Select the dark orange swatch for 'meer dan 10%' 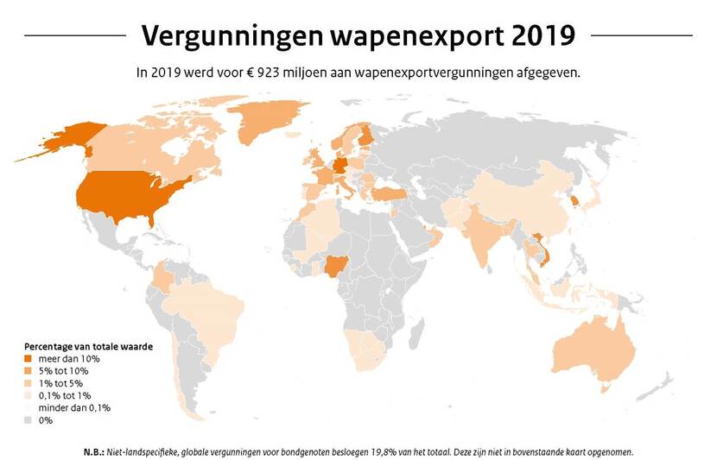[28, 358]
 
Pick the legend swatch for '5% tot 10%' [28, 370]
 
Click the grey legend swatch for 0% [28, 419]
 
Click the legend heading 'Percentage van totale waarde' [89, 345]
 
